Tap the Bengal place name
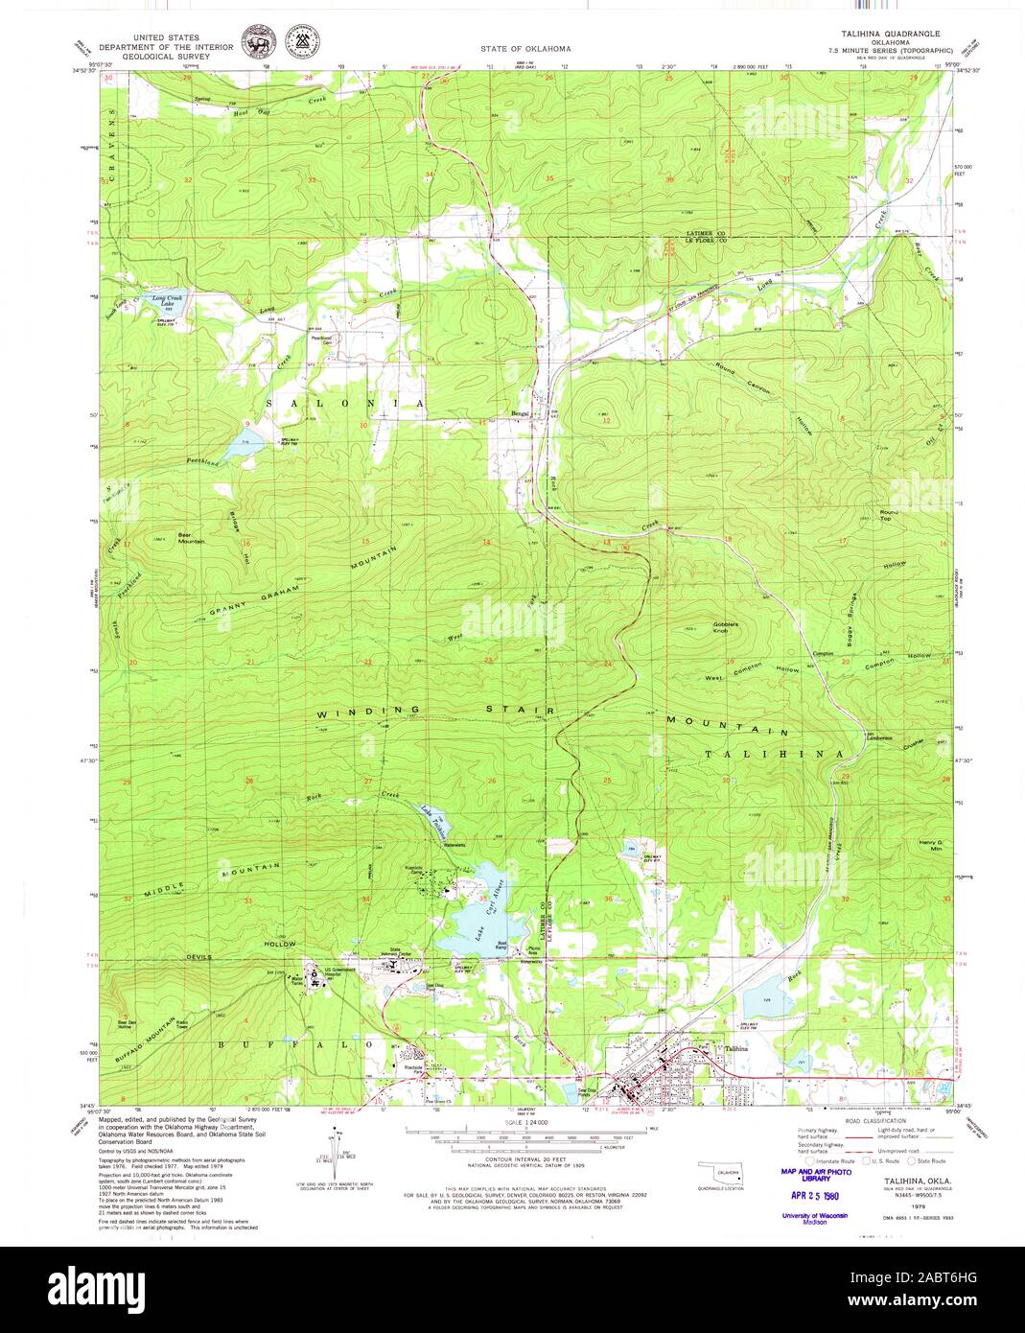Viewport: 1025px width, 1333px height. (x=520, y=414)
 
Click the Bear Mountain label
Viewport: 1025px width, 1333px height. (x=191, y=538)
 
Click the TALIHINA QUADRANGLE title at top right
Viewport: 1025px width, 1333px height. (x=890, y=34)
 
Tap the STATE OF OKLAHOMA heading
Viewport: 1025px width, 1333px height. (x=525, y=48)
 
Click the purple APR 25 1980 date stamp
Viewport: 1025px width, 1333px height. (x=808, y=1197)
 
